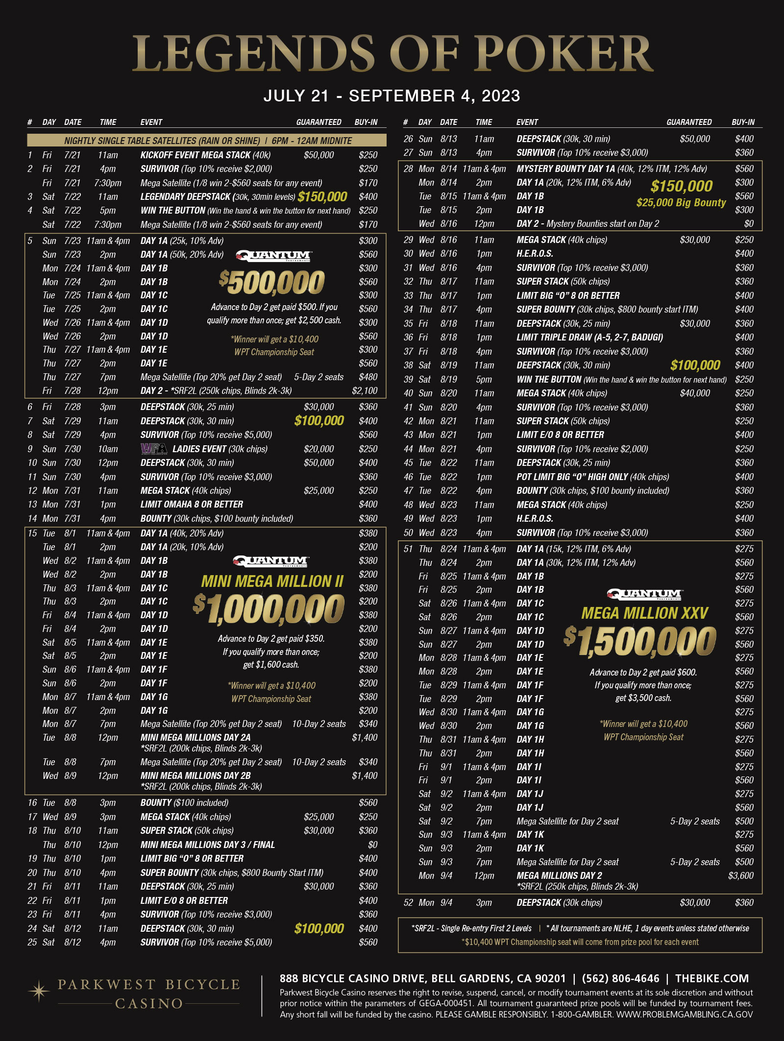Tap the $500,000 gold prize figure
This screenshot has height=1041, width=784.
point(272,283)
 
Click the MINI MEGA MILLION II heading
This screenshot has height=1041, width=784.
point(272,581)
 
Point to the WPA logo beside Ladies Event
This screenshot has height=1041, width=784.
point(153,449)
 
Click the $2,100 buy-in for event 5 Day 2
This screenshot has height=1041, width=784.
point(365,391)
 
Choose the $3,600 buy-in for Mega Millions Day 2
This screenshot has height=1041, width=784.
point(741,875)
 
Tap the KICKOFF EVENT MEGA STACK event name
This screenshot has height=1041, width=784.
point(196,155)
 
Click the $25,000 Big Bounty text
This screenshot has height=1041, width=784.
point(681,203)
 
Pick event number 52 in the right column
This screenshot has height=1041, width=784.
point(408,902)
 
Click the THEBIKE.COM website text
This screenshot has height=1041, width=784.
point(711,978)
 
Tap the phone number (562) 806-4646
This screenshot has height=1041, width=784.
point(620,978)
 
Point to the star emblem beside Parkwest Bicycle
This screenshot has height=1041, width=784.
point(39,991)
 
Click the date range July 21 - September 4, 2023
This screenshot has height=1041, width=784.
point(392,96)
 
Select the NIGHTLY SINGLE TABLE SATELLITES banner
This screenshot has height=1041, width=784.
point(208,141)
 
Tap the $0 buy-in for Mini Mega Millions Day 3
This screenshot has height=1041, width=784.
point(372,845)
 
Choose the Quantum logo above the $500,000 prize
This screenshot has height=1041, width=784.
point(273,256)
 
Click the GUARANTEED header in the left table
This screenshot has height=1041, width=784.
point(318,122)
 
